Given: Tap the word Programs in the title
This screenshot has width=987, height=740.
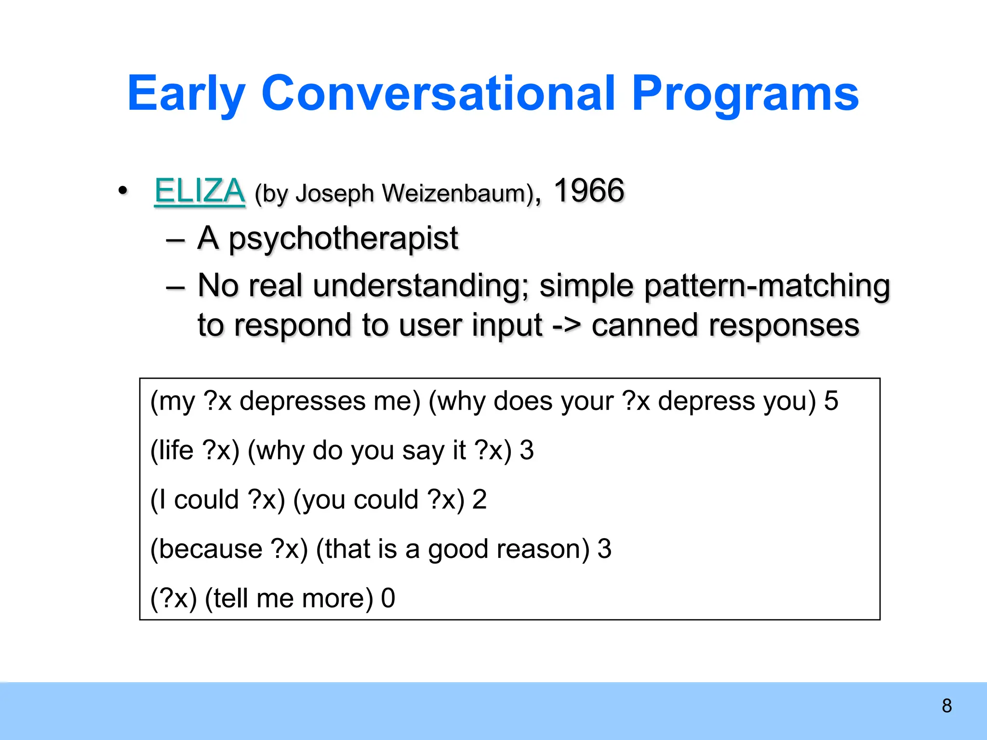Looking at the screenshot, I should [745, 94].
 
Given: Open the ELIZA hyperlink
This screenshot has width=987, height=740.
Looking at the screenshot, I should [200, 191].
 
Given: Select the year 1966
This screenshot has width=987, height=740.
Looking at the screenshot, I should [589, 191].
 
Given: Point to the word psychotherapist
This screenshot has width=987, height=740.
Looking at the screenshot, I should [343, 238].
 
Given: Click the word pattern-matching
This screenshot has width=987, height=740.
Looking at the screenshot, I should [767, 286].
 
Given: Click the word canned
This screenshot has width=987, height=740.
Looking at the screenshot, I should [644, 325].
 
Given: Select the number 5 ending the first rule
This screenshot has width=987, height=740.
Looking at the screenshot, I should [831, 401].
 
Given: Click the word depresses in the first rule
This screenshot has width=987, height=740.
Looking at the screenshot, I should [303, 401].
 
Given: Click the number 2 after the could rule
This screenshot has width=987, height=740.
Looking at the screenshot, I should [479, 500].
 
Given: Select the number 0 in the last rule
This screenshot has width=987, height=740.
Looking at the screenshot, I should [388, 598].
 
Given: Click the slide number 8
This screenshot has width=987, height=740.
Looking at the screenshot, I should [947, 706].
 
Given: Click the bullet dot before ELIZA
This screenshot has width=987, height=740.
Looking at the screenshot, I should [123, 191].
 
